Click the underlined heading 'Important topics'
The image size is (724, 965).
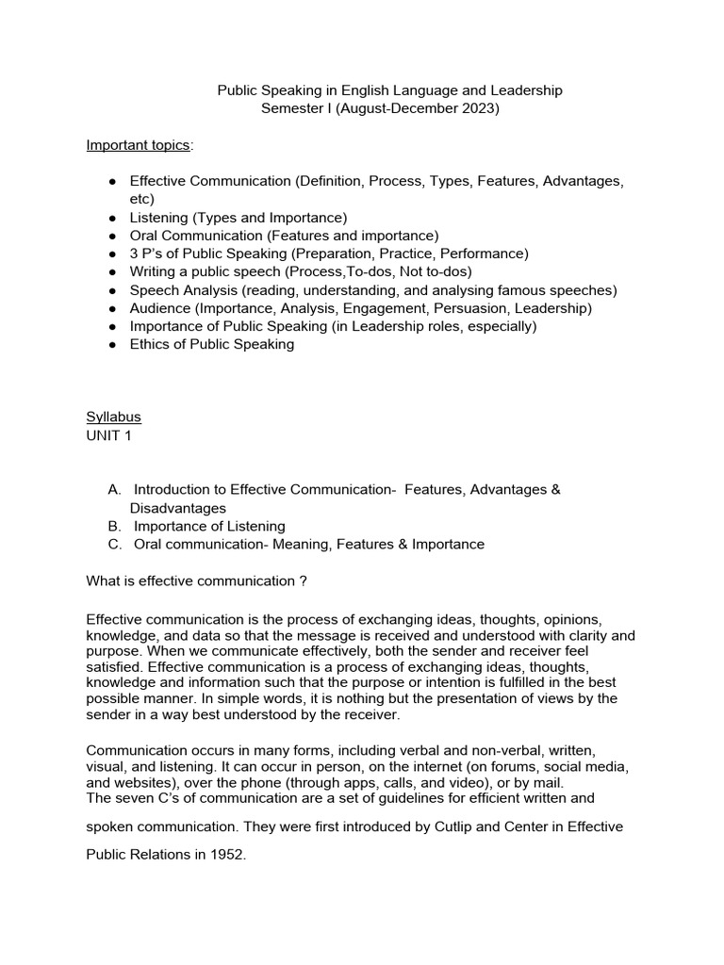click(x=138, y=145)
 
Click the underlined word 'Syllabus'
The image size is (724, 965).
click(x=113, y=417)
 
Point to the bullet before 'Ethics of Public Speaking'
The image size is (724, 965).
click(x=111, y=345)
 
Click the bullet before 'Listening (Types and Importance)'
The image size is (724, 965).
click(x=111, y=218)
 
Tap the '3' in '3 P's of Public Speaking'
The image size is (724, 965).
click(x=134, y=254)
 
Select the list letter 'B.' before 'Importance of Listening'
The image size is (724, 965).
click(x=115, y=526)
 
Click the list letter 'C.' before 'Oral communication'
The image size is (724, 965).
click(x=115, y=544)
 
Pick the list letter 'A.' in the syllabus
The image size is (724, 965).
click(x=115, y=489)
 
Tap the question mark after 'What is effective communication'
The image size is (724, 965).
click(x=303, y=581)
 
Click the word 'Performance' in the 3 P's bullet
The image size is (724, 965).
click(x=487, y=254)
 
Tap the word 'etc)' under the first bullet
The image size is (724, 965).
click(x=141, y=199)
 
